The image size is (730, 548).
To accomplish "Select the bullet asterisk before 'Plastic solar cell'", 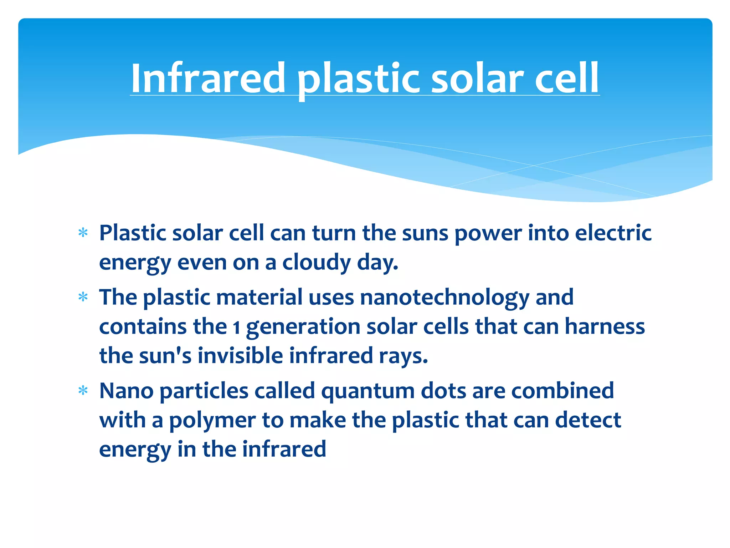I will pyautogui.click(x=83, y=233).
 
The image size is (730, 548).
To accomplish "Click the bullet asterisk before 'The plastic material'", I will pyautogui.click(x=83, y=297).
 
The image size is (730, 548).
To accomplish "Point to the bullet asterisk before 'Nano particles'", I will pyautogui.click(x=83, y=391).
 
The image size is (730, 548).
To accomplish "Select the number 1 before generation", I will pyautogui.click(x=236, y=327).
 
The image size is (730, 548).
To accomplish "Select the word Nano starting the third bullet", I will pyautogui.click(x=127, y=391).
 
